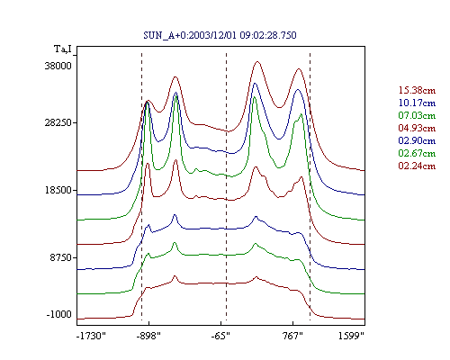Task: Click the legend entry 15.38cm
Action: pos(417,90)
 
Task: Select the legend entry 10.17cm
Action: pos(417,103)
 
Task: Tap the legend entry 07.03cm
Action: pos(417,115)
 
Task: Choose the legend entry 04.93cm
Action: pos(417,128)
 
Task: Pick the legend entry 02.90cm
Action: pos(417,140)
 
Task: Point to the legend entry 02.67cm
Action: pos(417,153)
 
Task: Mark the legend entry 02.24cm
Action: pos(417,166)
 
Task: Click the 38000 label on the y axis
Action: pos(58,66)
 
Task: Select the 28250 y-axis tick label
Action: pos(58,123)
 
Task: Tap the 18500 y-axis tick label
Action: pos(58,190)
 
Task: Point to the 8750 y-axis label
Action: pos(61,257)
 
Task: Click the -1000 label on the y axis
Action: pos(59,314)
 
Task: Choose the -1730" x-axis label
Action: pos(92,336)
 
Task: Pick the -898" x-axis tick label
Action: pos(148,336)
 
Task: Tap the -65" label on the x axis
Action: pos(220,336)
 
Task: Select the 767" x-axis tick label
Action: pos(292,336)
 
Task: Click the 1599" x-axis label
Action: pos(351,336)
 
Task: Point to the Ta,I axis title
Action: pos(63,49)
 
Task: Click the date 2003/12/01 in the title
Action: pos(213,35)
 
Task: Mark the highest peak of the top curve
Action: pos(257,61)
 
